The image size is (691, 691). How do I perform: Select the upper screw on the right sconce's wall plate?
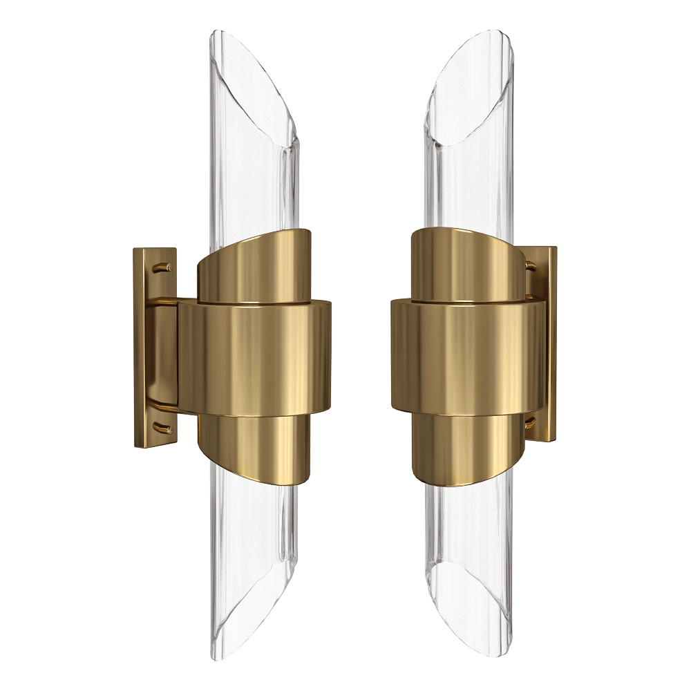pos(531,265)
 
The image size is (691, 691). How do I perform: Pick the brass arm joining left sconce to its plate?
pos(164,352)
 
